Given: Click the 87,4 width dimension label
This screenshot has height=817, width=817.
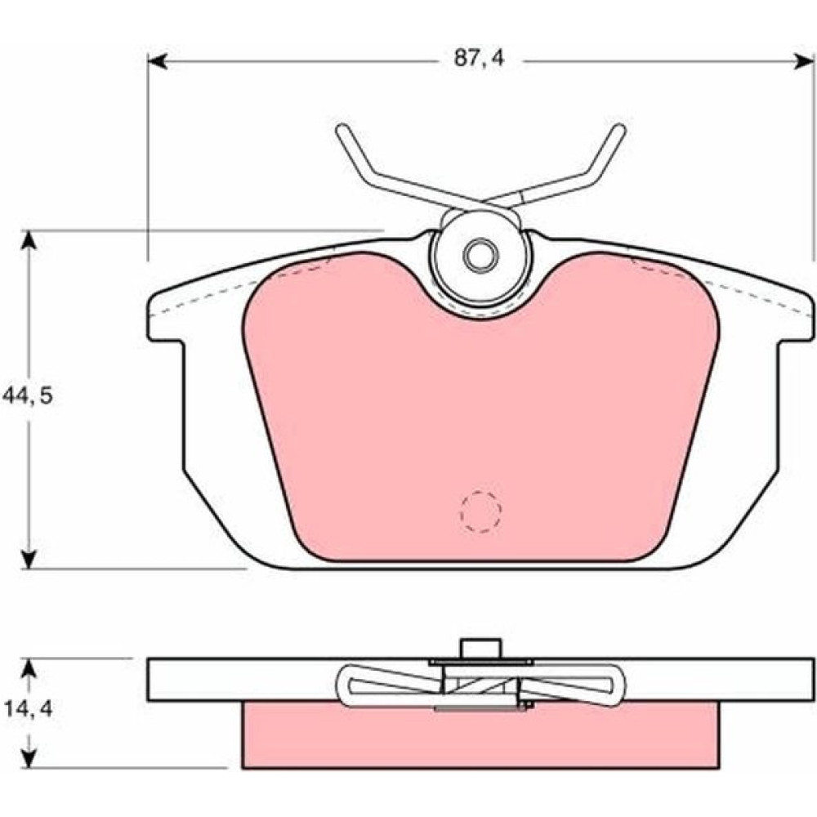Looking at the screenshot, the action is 479,58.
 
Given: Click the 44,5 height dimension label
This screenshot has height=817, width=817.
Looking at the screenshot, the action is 27,396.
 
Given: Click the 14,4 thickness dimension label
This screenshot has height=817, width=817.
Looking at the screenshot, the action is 27,708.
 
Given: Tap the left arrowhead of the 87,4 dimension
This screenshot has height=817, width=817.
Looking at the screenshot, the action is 158,61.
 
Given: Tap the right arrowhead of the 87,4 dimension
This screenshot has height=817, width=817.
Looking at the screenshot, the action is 803,61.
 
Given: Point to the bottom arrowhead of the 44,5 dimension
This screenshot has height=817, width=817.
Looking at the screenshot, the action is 29,559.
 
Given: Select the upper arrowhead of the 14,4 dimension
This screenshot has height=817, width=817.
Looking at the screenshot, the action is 29,669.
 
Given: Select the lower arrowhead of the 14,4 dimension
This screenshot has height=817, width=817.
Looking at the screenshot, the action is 29,758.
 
